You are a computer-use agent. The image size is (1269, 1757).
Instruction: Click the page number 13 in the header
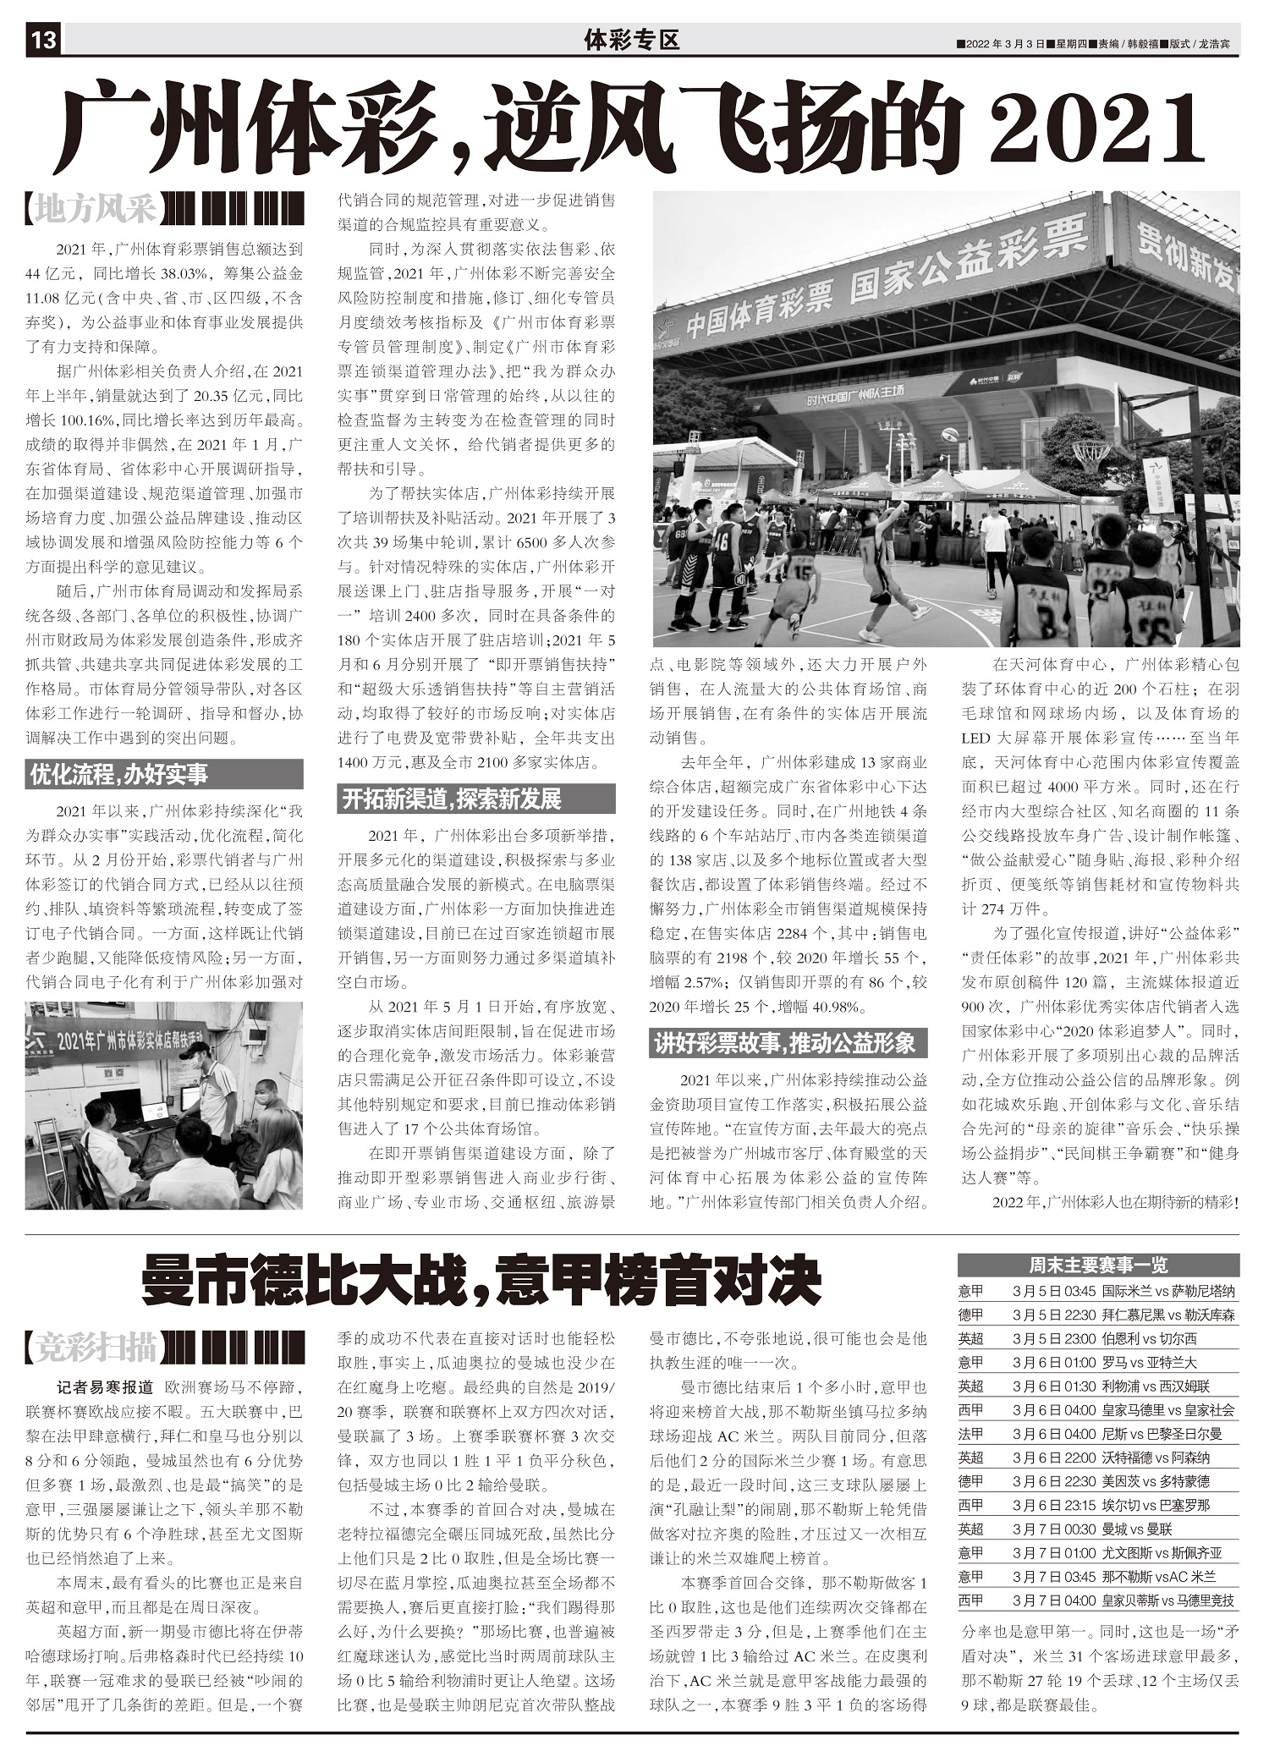coord(42,41)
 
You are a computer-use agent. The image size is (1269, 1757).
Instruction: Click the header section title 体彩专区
coord(632,40)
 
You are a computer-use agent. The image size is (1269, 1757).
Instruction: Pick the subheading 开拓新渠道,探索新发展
coord(452,799)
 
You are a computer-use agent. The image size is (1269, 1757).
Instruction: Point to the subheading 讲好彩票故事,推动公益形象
coord(784,1044)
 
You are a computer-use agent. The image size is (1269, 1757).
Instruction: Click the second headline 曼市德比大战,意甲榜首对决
coord(481,1280)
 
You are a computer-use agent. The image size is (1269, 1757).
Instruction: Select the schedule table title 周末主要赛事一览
coord(1098,1265)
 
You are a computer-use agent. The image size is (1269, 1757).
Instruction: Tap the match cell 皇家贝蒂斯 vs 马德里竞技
coord(1167,1601)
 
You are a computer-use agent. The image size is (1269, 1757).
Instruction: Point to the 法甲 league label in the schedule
coord(971,1434)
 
